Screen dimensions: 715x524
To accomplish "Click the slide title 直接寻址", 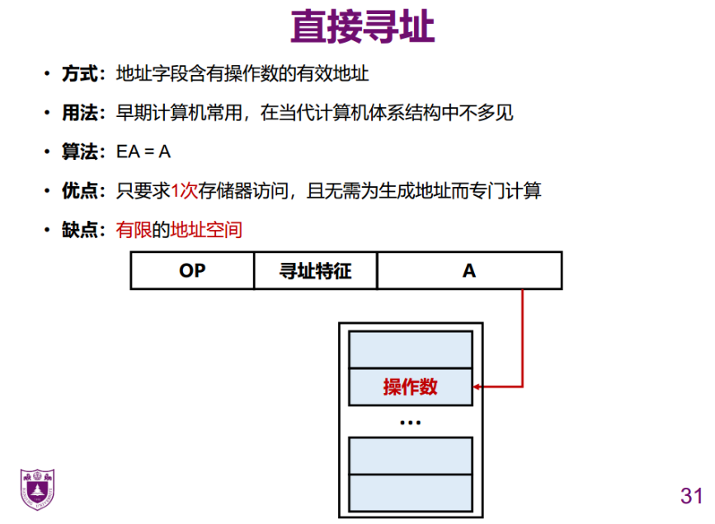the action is click(x=362, y=28).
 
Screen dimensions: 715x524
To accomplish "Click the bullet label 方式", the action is click(x=80, y=73).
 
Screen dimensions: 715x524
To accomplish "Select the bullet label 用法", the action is click(x=80, y=112).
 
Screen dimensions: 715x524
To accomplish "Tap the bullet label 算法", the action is click(x=80, y=152).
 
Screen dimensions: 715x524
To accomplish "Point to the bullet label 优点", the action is click(x=80, y=191).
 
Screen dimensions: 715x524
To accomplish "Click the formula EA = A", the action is click(x=143, y=152).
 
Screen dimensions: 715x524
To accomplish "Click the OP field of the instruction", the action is click(x=192, y=270).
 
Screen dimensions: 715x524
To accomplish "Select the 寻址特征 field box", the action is click(x=315, y=270).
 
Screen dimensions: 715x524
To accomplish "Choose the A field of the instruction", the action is click(x=469, y=270).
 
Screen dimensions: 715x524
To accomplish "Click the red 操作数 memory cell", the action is click(x=411, y=386).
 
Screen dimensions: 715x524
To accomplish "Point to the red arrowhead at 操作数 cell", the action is click(x=478, y=386).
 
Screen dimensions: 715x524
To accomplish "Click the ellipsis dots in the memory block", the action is click(x=411, y=423).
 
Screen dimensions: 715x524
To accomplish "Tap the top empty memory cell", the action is click(x=411, y=349).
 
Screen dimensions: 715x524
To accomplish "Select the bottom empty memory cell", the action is click(x=411, y=492).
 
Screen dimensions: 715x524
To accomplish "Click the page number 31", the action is click(x=691, y=496).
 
